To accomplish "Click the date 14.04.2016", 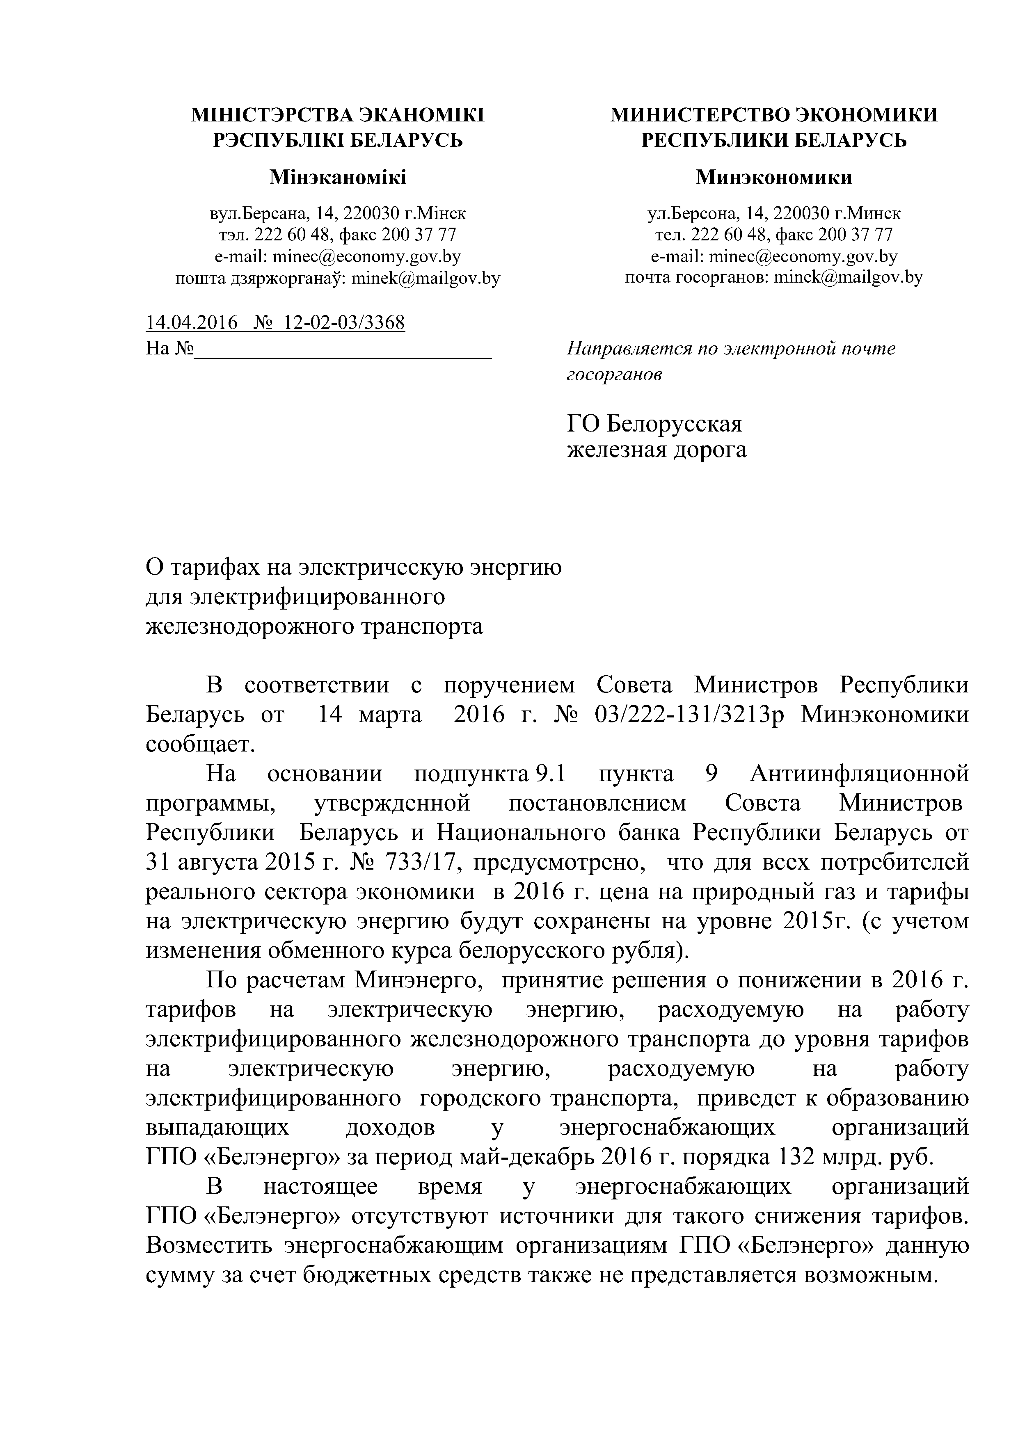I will (x=191, y=323).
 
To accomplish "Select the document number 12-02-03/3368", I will (x=344, y=323).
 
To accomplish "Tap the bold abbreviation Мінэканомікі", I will (x=337, y=178).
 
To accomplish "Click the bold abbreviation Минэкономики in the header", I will (x=773, y=178).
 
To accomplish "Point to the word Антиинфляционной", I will (x=859, y=774).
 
